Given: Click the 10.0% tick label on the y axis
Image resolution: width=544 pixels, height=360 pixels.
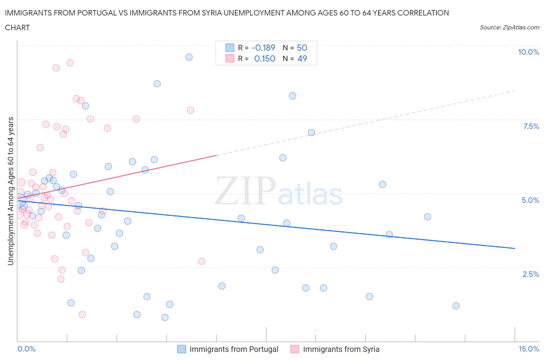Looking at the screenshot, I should click(528, 52).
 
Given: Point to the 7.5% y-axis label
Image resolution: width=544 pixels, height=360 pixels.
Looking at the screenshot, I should click(530, 126).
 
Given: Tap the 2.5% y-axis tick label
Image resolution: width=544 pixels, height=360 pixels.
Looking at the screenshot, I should click(530, 274).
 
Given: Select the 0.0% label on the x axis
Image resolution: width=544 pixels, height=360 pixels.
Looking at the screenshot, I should click(26, 349).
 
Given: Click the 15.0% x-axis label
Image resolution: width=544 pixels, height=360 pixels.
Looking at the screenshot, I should click(529, 349).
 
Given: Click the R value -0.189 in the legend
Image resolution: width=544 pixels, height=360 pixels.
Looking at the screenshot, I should click(263, 48).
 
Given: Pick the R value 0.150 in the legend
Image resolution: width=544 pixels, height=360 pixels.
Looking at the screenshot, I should click(265, 58).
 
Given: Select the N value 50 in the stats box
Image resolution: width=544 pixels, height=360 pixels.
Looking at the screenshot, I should click(302, 48).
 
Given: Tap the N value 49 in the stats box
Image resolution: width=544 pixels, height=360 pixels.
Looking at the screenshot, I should click(302, 58).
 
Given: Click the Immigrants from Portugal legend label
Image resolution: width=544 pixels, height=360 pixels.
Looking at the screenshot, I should click(234, 349).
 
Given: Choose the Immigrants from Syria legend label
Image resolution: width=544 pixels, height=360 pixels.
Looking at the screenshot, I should click(341, 349).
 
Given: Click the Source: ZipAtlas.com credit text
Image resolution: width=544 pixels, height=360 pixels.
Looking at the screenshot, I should click(509, 27).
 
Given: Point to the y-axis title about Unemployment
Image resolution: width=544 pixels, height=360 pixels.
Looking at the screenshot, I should click(11, 191).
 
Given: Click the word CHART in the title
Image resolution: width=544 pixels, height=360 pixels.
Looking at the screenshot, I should click(17, 27).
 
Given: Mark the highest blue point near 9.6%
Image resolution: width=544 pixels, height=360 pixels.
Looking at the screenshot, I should click(189, 57).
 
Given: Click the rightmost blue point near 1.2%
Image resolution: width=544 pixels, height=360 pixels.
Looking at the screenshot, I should click(456, 306).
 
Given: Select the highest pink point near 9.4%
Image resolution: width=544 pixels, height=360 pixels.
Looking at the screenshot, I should click(70, 63).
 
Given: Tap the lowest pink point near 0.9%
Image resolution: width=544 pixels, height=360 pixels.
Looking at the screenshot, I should click(82, 314).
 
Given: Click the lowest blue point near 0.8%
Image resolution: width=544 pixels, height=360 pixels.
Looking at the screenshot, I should click(165, 317).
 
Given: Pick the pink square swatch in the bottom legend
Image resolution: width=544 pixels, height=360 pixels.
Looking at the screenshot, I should click(295, 349).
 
